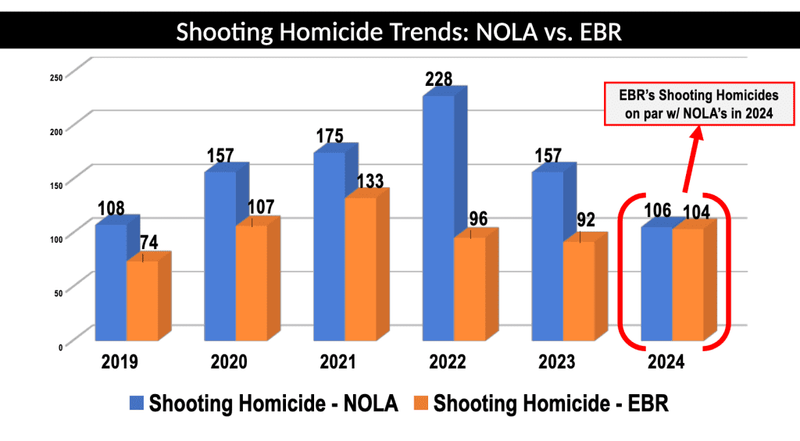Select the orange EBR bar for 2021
(360, 270)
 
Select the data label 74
(147, 243)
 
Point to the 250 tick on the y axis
(56, 76)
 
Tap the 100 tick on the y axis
(56, 236)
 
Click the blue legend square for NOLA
(136, 405)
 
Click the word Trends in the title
(419, 32)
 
